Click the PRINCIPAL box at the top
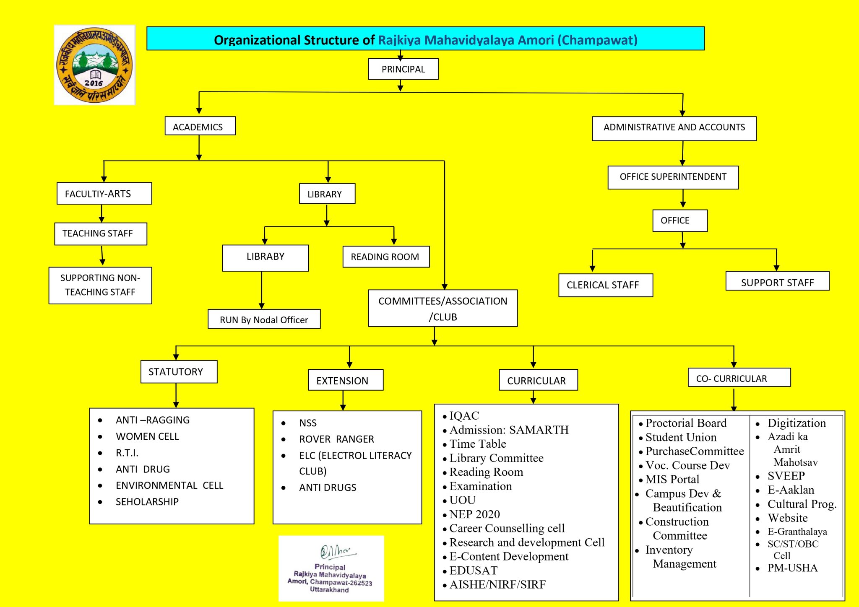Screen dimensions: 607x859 (403, 69)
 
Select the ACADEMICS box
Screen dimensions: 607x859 (200, 126)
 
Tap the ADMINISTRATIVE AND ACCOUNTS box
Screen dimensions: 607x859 (674, 128)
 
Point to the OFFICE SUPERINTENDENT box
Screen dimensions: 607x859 (673, 177)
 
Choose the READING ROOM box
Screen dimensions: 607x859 (386, 257)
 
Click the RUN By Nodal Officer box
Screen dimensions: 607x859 (264, 319)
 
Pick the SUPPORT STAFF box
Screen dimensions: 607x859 (777, 282)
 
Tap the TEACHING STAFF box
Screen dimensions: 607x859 (101, 234)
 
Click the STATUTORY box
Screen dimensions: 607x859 (179, 372)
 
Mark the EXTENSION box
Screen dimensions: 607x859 (346, 380)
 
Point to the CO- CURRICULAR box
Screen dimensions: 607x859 (739, 378)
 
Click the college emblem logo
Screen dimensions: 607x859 (95, 65)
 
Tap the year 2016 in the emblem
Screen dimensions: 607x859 (94, 83)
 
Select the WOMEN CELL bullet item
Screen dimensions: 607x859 (147, 436)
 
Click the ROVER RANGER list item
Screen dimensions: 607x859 (336, 439)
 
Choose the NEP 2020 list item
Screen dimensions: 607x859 (474, 514)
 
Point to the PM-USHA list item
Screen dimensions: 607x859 (792, 568)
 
